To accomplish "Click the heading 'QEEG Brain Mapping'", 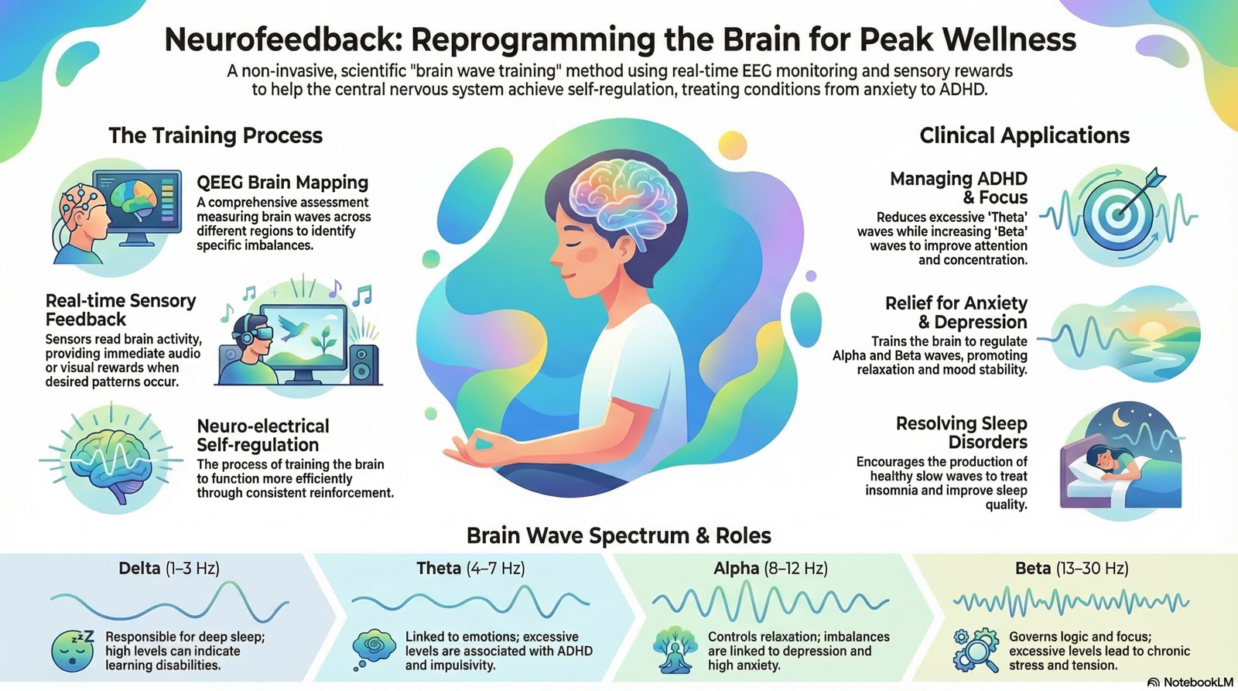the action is click(282, 182).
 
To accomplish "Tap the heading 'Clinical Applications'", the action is click(1024, 135).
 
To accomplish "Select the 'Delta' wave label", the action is click(139, 568).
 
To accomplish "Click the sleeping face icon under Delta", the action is click(73, 650).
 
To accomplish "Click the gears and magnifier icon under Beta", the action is click(976, 650).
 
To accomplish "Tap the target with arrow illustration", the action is click(1121, 213).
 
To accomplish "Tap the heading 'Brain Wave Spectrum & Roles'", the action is click(619, 535).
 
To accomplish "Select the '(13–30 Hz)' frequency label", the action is click(1092, 568).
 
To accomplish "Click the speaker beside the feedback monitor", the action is click(363, 365).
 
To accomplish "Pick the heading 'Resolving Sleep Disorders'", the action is click(961, 433).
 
